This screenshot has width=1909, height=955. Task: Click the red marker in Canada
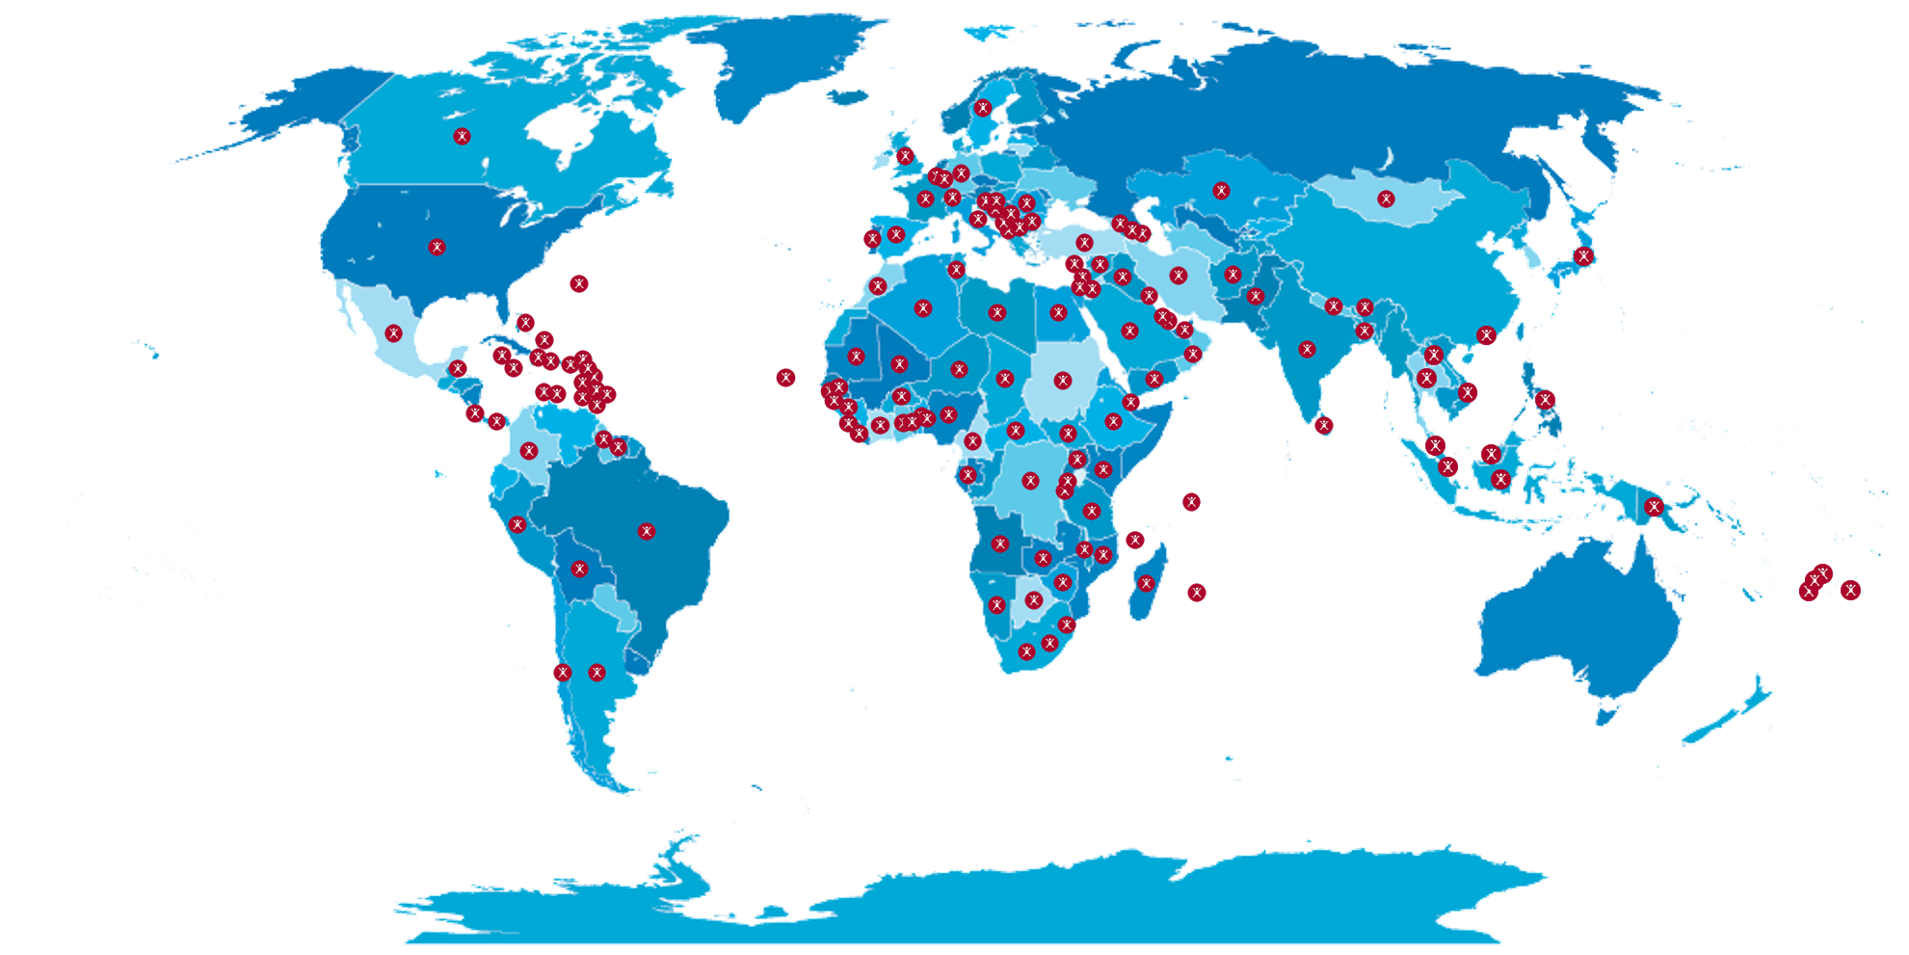coord(462,136)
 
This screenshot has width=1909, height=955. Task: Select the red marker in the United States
coord(437,247)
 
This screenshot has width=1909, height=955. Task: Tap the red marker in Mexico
coord(393,333)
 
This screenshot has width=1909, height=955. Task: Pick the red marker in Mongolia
coord(1386,199)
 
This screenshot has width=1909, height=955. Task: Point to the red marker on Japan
coord(1583,255)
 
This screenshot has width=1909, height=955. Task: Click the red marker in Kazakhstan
coord(1221,191)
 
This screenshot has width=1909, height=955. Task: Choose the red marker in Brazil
coord(647,531)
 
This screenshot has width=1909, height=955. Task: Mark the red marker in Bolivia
coord(579,569)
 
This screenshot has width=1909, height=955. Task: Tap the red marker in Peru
coord(517,525)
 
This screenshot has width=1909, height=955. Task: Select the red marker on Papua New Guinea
coord(1654,506)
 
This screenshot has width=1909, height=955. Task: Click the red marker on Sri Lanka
coord(1324,425)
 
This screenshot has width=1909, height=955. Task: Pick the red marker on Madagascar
coord(1146,583)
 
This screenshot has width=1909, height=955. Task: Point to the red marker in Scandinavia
coord(982,108)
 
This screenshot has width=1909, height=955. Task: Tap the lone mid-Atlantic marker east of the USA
coord(578,283)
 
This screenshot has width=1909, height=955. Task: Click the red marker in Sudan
coord(1063,381)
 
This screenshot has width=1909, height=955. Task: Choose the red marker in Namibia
coord(996,605)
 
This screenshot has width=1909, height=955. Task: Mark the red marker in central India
coord(1307,349)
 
